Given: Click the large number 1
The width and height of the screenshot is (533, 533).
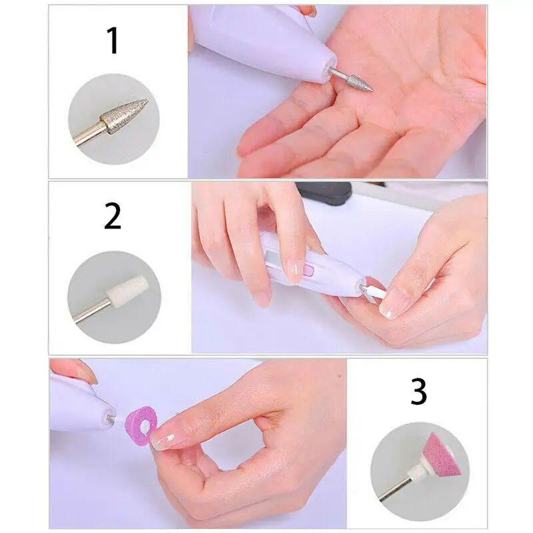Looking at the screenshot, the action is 113,40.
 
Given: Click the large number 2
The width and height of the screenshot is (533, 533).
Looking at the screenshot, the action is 113,216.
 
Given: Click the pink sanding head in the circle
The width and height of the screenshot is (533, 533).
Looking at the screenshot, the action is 442,454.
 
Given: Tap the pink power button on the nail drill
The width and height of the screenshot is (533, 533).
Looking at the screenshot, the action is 308,271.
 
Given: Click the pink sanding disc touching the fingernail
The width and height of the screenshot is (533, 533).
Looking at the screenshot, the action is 139,424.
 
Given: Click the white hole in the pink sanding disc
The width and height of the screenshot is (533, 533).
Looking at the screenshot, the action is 145,426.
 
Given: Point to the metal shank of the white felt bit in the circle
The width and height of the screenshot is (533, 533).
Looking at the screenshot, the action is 91,310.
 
